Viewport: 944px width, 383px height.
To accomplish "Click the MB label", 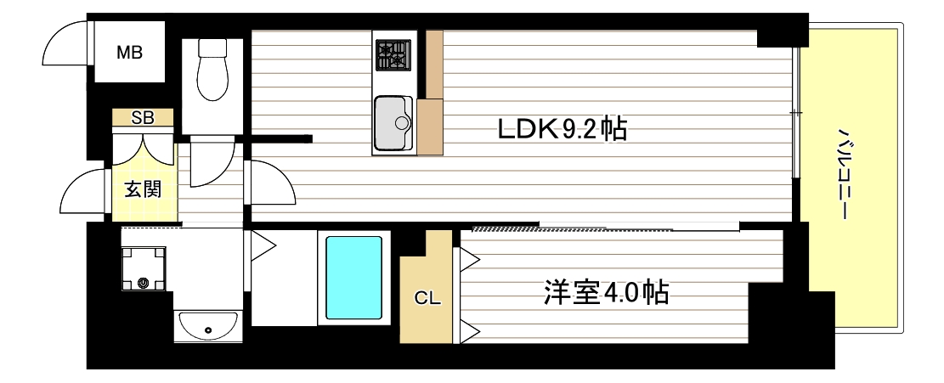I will pyautogui.click(x=129, y=53).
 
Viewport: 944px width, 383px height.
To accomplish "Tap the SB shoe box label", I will pyautogui.click(x=142, y=118).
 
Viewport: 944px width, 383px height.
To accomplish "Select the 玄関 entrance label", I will pyautogui.click(x=144, y=189).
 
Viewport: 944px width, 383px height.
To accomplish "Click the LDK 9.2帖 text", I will pyautogui.click(x=562, y=129).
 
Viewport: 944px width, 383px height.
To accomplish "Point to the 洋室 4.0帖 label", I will pyautogui.click(x=605, y=293).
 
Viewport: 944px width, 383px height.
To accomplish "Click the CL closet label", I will pyautogui.click(x=427, y=298).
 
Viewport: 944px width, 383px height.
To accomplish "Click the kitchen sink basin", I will pyautogui.click(x=393, y=122).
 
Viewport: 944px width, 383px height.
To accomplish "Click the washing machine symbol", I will pyautogui.click(x=143, y=268).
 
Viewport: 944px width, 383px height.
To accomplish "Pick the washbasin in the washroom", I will pyautogui.click(x=207, y=325).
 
